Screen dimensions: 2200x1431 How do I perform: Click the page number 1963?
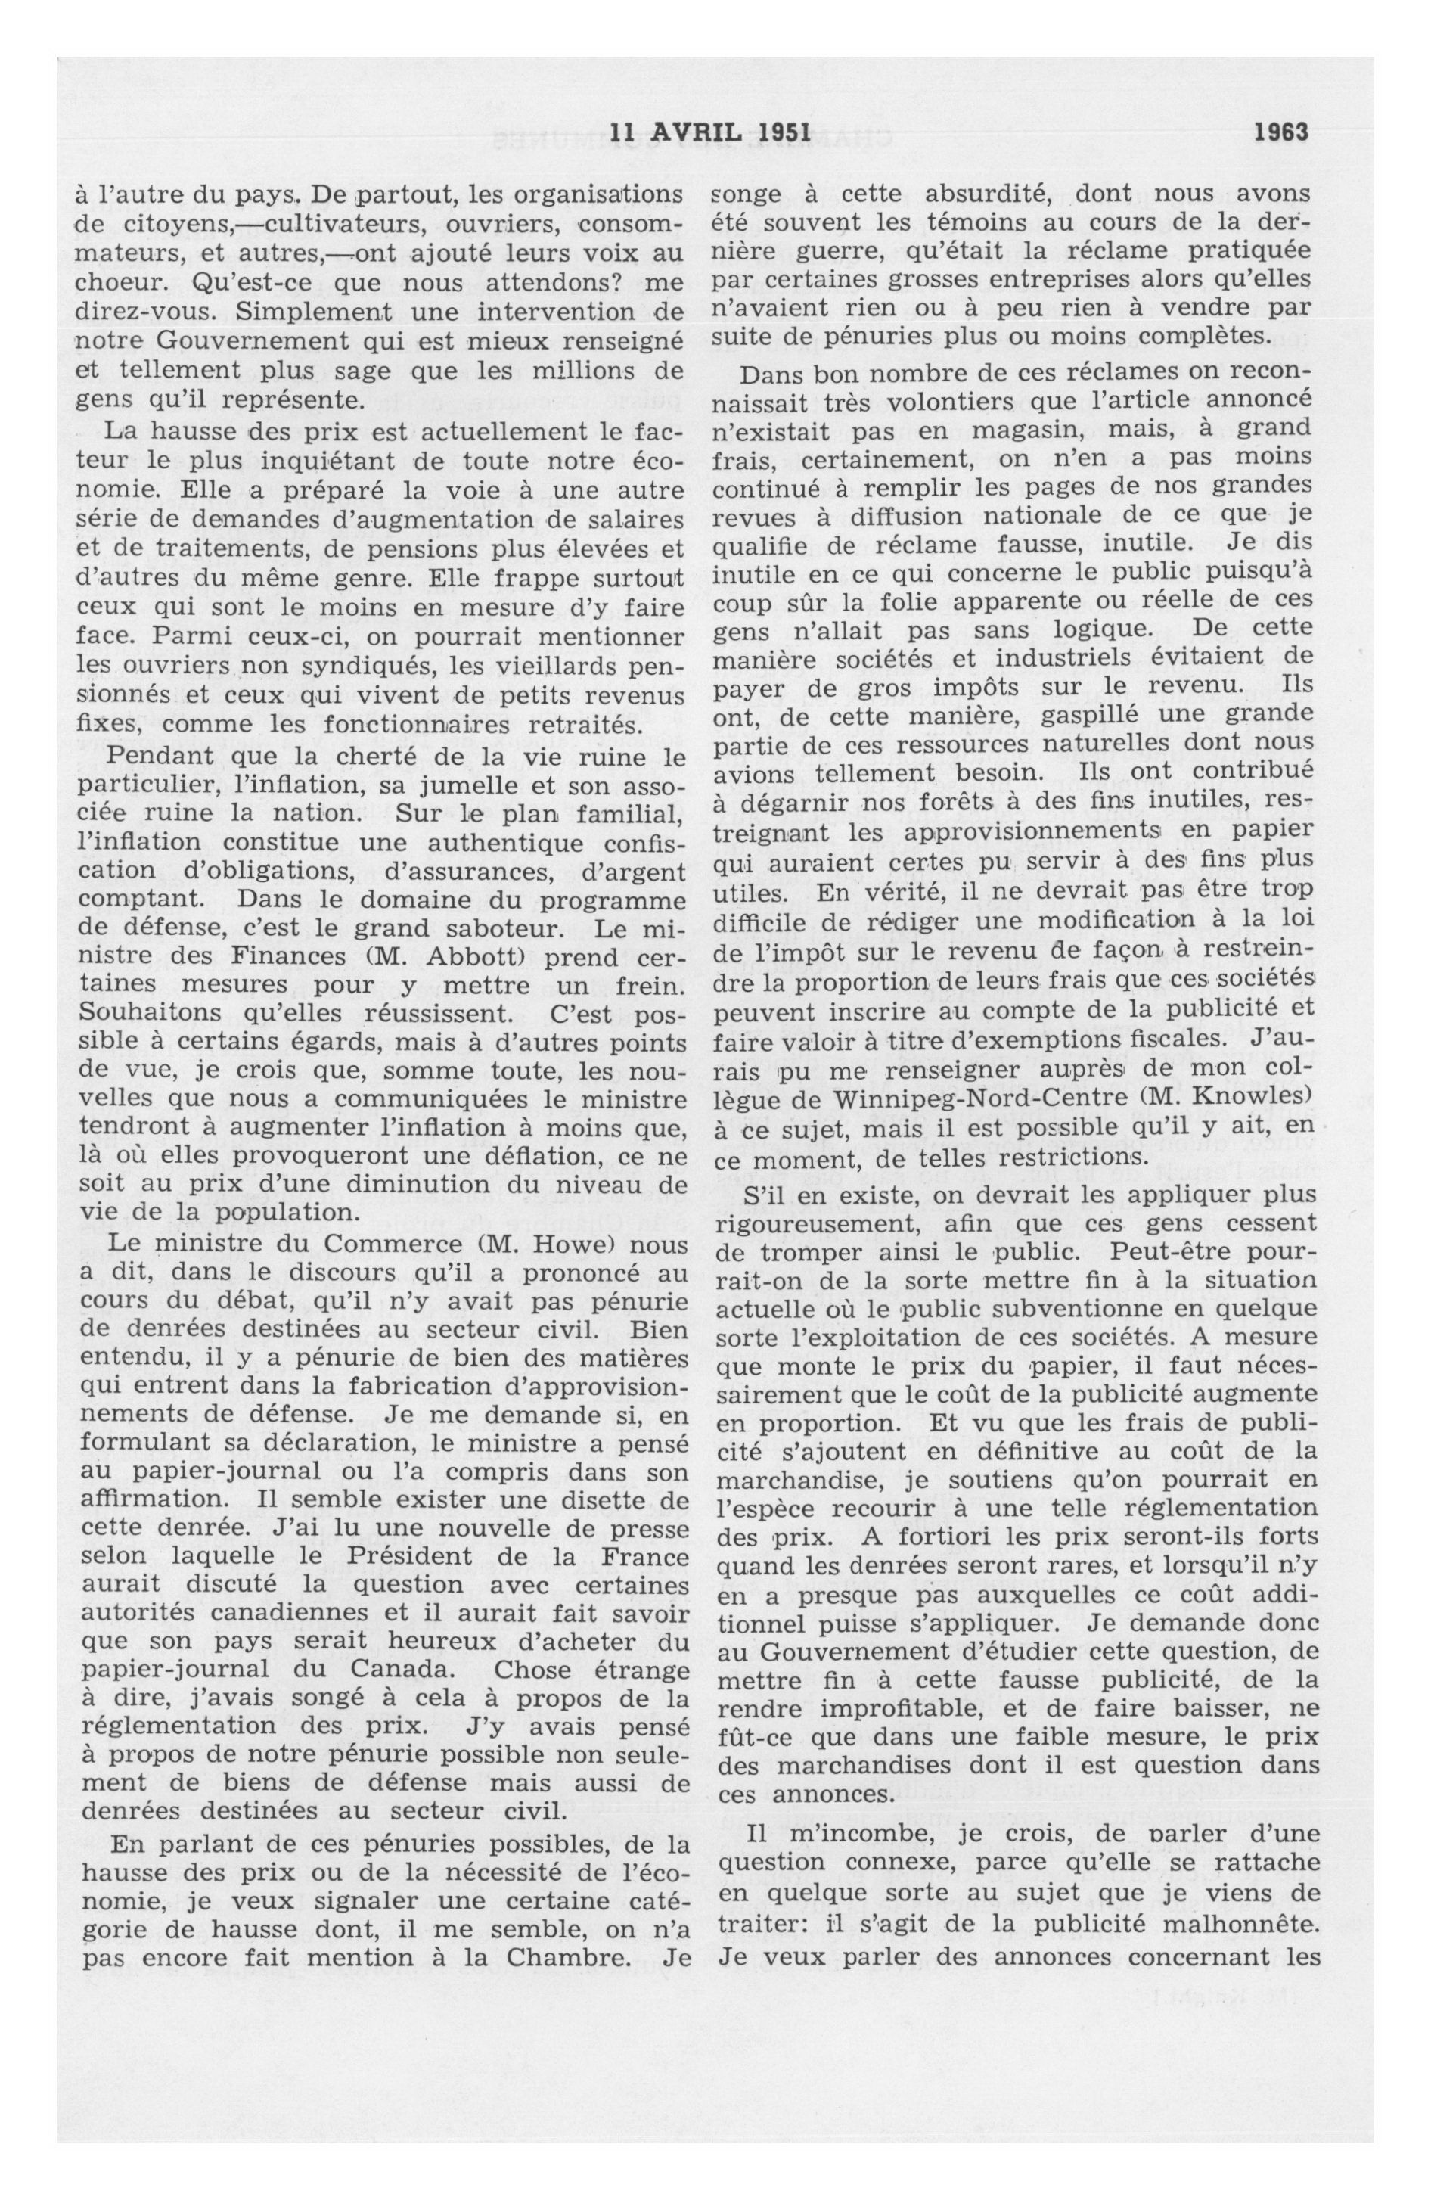(x=1280, y=132)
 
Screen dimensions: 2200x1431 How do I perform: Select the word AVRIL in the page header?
(x=696, y=132)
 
